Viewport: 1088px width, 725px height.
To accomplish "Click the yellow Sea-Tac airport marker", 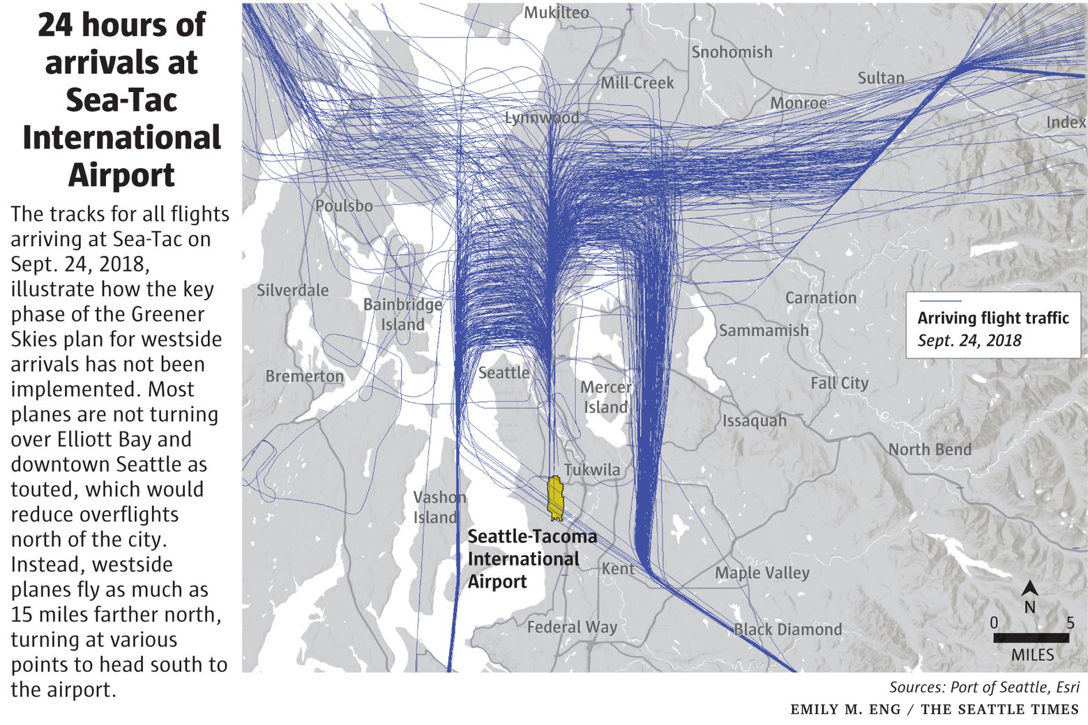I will (x=555, y=498).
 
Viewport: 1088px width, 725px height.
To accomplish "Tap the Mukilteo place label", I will (x=556, y=13).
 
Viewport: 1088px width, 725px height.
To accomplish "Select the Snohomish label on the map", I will (x=732, y=52).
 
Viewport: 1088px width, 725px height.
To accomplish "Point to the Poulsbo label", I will (x=344, y=206).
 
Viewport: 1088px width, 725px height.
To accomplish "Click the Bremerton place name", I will (x=305, y=376).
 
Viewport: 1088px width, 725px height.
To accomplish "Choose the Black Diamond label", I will (x=787, y=629).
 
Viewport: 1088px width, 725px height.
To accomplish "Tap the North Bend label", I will (x=930, y=450).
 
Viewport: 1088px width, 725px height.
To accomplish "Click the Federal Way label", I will (x=572, y=627).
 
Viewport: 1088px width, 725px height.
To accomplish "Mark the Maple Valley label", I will (x=762, y=573).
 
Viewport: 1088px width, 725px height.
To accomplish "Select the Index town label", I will (x=1066, y=123).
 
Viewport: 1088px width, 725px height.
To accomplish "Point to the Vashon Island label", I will (x=437, y=507).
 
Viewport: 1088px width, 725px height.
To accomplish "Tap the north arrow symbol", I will (x=1029, y=590).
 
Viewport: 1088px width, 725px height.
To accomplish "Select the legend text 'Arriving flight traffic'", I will (x=993, y=319).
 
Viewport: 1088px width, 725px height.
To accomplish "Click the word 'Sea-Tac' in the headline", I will (x=121, y=100).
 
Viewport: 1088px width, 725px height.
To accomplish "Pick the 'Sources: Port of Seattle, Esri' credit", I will (x=984, y=687).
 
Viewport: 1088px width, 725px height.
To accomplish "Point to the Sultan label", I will (x=881, y=78).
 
